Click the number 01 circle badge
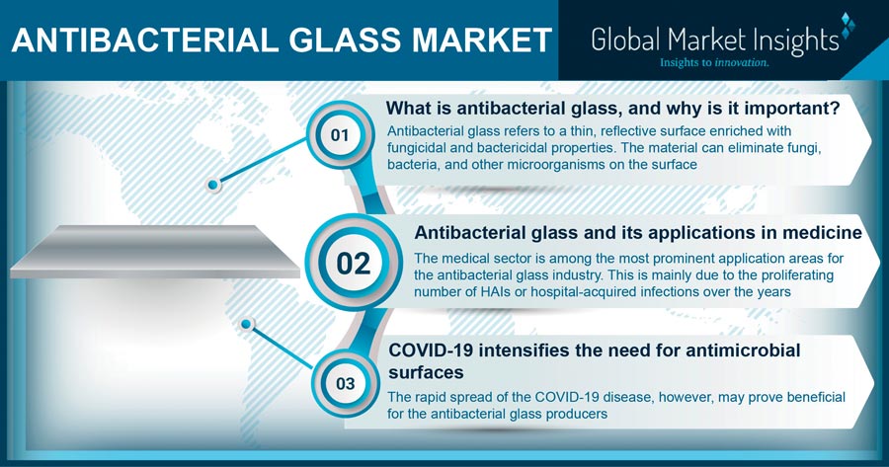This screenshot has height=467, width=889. point(340,135)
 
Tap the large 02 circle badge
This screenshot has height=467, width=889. point(354,263)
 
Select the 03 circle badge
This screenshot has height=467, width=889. point(346,384)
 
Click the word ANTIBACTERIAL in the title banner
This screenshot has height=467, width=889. point(144,40)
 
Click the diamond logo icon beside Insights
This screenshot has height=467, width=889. point(847,25)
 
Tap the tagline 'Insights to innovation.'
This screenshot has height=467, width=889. point(714,62)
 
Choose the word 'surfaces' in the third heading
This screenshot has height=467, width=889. point(426,373)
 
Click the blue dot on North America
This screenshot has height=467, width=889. point(213,185)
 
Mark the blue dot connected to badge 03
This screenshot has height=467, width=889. point(246,324)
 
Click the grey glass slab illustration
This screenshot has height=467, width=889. point(155,251)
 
